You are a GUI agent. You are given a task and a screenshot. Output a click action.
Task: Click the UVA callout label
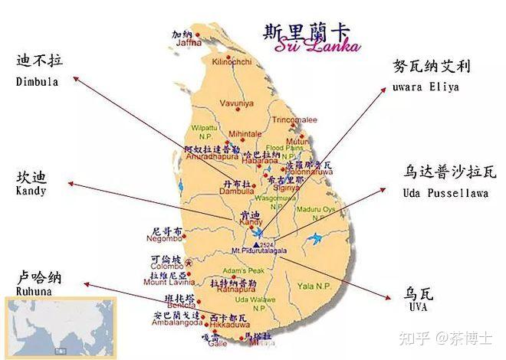[x=418, y=301]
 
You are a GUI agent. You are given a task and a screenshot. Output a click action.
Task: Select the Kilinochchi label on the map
[x=232, y=61]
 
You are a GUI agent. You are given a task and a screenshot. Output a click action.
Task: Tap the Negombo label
[x=167, y=238]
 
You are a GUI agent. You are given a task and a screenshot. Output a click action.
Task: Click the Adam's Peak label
[x=242, y=271]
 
